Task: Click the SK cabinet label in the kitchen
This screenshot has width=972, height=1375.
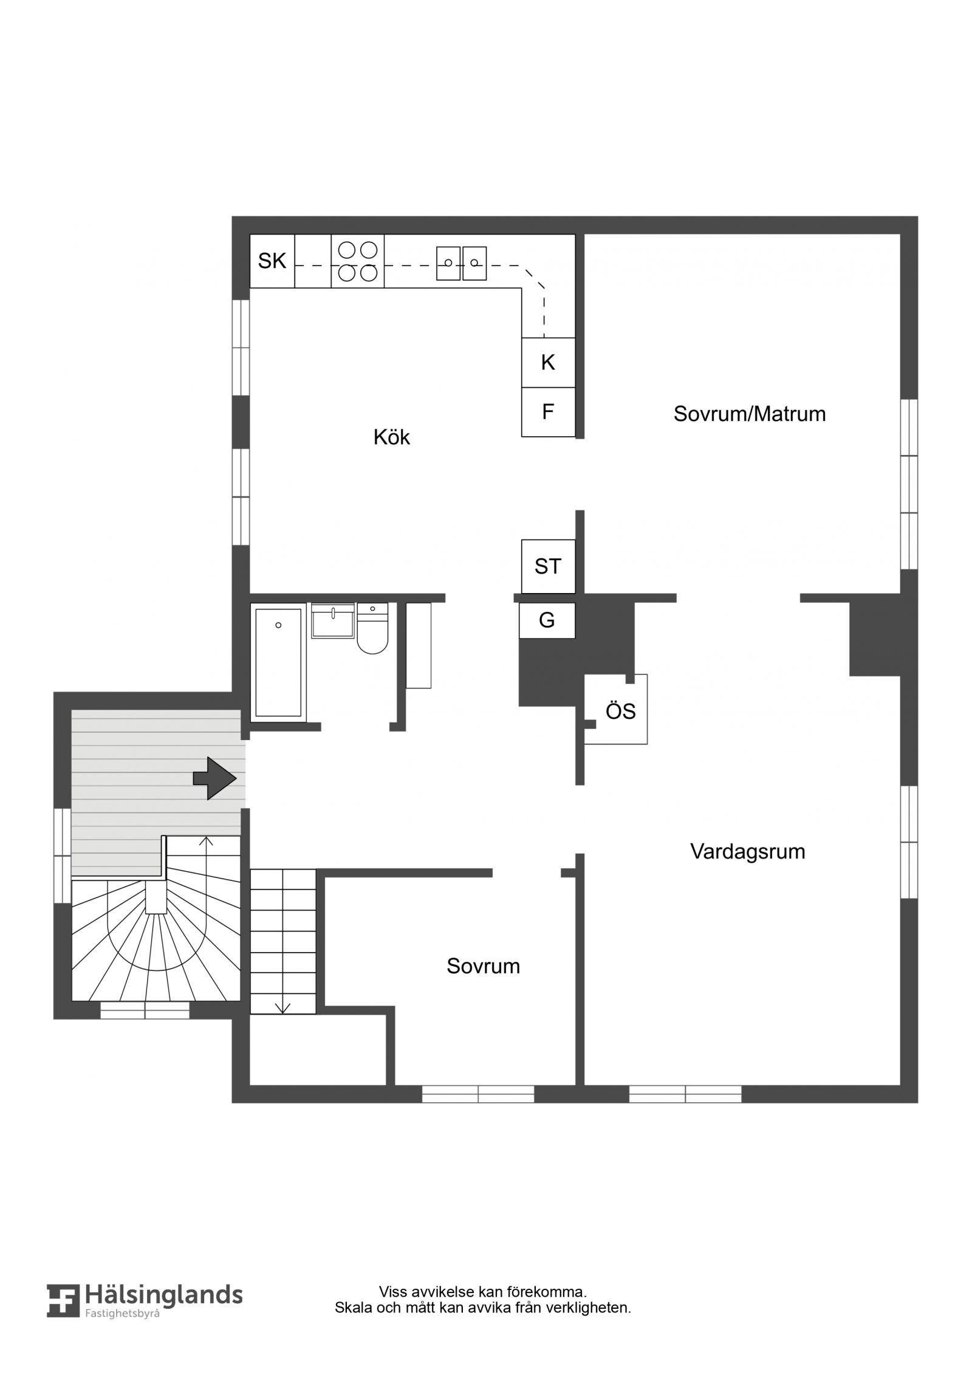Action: pyautogui.click(x=272, y=261)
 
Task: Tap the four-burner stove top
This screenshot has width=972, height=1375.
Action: pyautogui.click(x=357, y=261)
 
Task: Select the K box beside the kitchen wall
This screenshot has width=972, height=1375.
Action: pyautogui.click(x=548, y=362)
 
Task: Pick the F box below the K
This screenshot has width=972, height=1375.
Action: pyautogui.click(x=548, y=412)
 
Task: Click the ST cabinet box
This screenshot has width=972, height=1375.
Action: pyautogui.click(x=548, y=566)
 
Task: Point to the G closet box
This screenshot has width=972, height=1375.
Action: pyautogui.click(x=547, y=620)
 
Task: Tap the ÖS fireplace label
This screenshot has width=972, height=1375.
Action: pyautogui.click(x=621, y=711)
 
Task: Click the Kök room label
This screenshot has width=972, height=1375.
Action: pyautogui.click(x=392, y=437)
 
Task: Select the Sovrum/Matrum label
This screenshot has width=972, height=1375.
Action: pyautogui.click(x=750, y=414)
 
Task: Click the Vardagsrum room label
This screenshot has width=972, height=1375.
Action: pyautogui.click(x=748, y=851)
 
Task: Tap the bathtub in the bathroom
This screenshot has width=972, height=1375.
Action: pyautogui.click(x=278, y=662)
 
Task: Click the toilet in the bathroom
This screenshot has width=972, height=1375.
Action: pyautogui.click(x=372, y=629)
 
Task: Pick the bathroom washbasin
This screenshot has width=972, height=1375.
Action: pyautogui.click(x=333, y=620)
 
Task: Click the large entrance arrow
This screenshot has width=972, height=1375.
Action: pyautogui.click(x=214, y=778)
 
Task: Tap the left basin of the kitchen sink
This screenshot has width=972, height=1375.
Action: pyautogui.click(x=448, y=262)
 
